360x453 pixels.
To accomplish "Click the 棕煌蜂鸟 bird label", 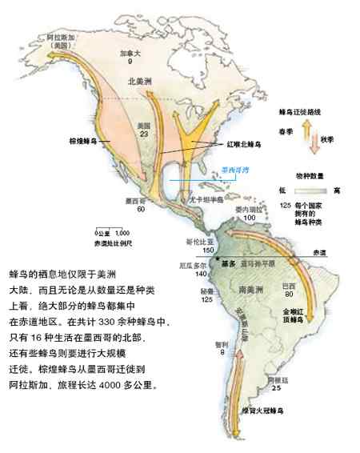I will (83, 140).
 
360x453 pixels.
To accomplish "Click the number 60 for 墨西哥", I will (141, 209).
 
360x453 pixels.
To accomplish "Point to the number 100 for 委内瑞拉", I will (249, 217).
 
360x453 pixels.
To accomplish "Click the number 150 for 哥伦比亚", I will (209, 249).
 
